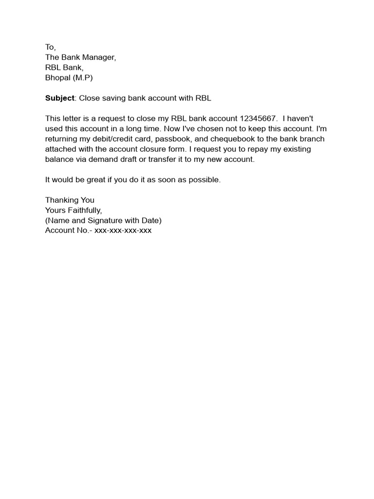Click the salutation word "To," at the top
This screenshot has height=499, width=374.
pos(51,47)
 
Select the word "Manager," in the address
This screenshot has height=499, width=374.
pos(99,58)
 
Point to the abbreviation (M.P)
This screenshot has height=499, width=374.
pos(82,78)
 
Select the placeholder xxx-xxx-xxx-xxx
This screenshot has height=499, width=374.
pos(123,230)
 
